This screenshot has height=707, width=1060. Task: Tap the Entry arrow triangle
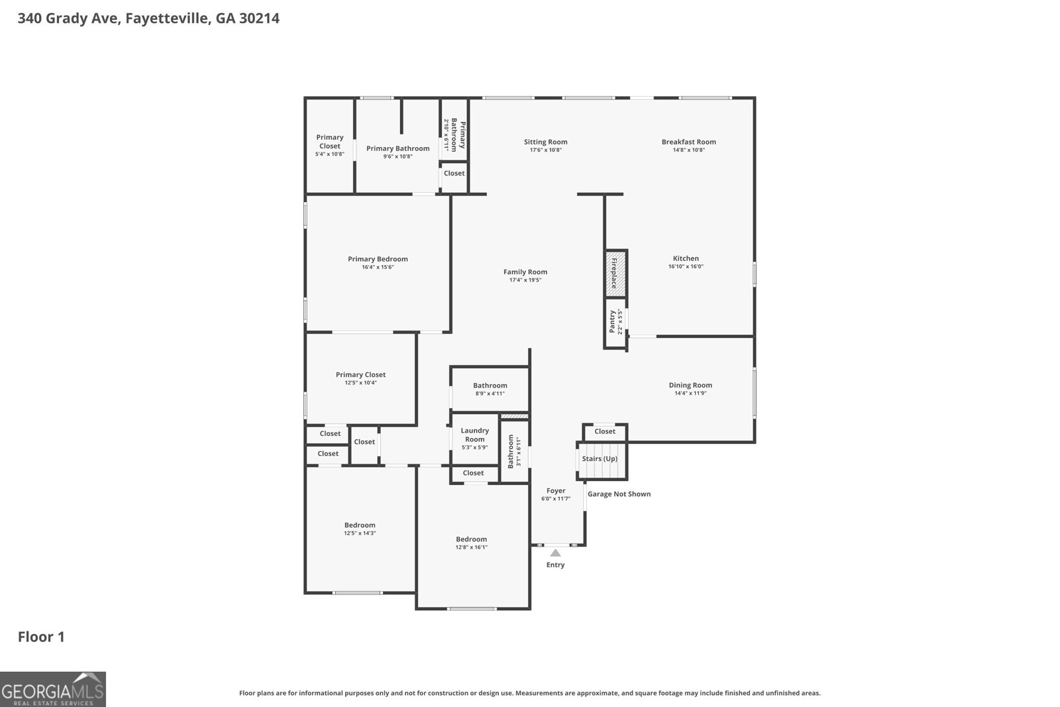(555, 553)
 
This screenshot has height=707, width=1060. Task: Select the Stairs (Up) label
(600, 459)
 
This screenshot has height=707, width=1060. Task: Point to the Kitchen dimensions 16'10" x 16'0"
(686, 266)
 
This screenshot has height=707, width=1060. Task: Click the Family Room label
(525, 272)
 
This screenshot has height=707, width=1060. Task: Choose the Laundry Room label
(474, 435)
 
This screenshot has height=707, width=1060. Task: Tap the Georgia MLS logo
(52, 689)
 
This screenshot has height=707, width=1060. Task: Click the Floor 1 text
(41, 637)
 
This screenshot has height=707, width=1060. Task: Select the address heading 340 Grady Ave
(148, 18)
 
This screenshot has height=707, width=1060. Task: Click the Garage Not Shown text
(619, 494)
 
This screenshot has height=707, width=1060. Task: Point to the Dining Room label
(690, 385)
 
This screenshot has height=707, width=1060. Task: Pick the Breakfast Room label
(688, 142)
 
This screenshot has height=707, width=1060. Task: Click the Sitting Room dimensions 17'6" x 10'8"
(545, 150)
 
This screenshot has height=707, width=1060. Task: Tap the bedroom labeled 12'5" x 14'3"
(360, 529)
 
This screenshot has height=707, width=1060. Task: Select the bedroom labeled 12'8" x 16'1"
(471, 543)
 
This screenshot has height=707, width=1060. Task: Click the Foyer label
(556, 491)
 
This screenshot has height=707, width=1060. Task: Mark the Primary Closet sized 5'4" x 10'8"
(329, 145)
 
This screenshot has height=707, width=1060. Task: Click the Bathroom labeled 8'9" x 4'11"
(490, 389)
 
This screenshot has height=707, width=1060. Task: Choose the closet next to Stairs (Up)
(605, 431)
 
